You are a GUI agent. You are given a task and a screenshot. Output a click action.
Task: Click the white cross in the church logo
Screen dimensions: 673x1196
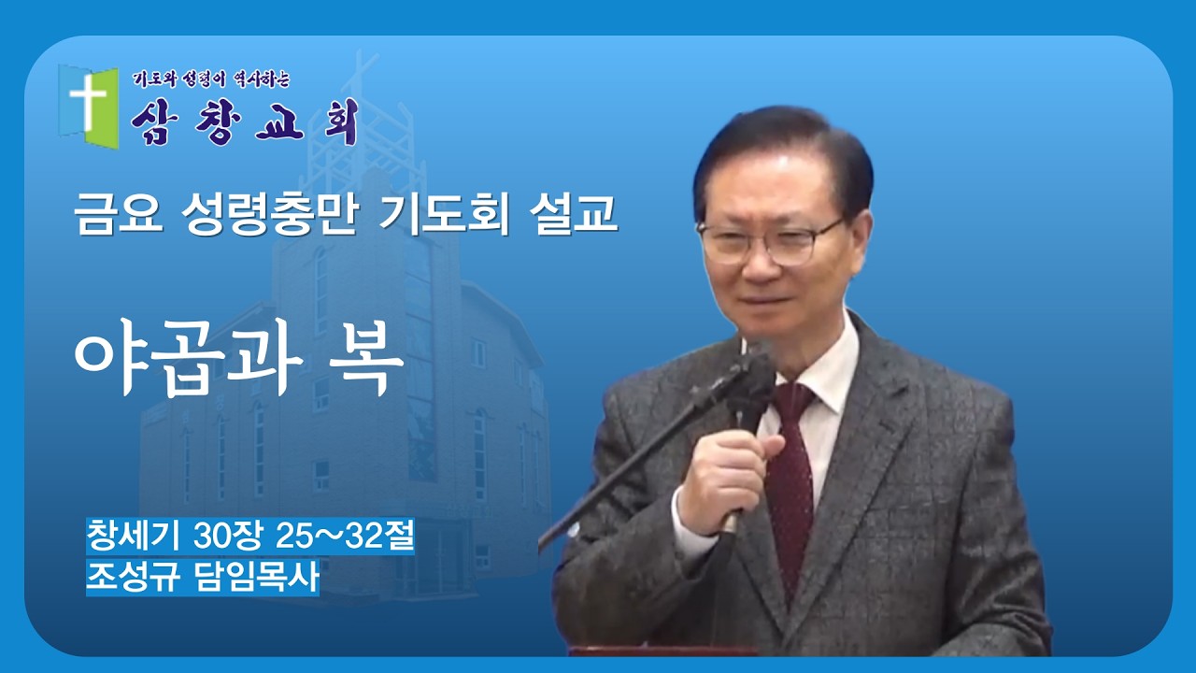[87, 100]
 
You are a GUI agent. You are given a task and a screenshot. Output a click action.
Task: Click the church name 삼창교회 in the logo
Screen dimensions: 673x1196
[245, 122]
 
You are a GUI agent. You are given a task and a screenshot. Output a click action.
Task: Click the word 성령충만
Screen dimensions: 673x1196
[272, 216]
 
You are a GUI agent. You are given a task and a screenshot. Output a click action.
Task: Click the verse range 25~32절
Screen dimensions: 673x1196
[346, 537]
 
